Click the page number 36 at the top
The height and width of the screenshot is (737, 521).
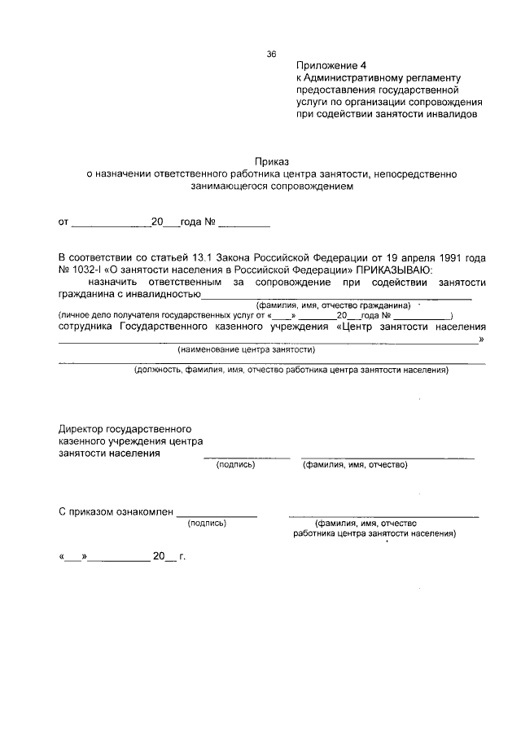pyautogui.click(x=272, y=55)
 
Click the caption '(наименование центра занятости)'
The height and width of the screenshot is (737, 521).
pyautogui.click(x=247, y=349)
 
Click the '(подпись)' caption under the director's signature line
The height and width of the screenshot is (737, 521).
pyautogui.click(x=235, y=465)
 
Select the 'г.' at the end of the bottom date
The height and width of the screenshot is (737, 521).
pyautogui.click(x=182, y=558)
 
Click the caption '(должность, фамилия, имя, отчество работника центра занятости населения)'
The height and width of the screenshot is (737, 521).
pyautogui.click(x=291, y=371)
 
